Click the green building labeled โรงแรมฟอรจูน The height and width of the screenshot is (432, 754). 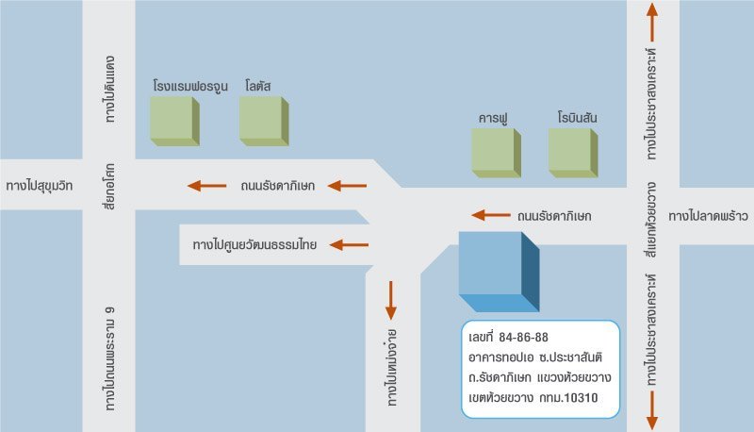[x=175, y=122]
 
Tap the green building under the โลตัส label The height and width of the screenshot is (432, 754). [x=264, y=122]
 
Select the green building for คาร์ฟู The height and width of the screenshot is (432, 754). [x=497, y=153]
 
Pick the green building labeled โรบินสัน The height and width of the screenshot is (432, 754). [x=573, y=153]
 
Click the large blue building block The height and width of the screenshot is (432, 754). [x=499, y=272]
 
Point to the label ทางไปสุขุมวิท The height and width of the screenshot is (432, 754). [x=40, y=186]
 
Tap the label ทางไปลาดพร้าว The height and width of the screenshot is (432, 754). [x=708, y=217]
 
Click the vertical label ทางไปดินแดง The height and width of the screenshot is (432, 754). [x=110, y=89]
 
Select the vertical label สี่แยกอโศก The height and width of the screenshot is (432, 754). [x=109, y=187]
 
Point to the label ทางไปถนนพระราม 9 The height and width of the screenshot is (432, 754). [x=109, y=358]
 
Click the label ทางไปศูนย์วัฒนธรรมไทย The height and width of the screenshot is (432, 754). [x=254, y=245]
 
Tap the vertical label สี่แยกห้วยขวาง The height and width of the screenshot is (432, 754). [x=651, y=220]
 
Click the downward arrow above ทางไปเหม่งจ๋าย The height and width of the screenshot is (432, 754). [x=391, y=300]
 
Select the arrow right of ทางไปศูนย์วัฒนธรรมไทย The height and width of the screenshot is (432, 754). [x=349, y=245]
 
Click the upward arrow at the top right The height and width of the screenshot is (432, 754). [x=652, y=22]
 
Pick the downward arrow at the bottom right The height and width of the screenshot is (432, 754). [x=652, y=410]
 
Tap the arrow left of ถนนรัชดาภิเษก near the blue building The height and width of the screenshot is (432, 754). [x=491, y=215]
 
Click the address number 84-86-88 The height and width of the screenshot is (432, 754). [x=524, y=338]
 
